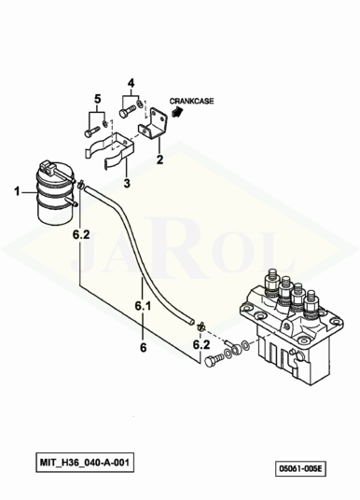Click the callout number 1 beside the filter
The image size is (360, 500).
coord(17,191)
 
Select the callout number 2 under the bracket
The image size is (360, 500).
coord(159,160)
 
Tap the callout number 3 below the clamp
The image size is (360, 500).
coord(127,183)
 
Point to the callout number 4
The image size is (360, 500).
coord(132,84)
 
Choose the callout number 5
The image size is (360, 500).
coord(98,99)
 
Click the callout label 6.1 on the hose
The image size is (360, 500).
coord(143,306)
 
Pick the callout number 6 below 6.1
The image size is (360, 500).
coord(144,347)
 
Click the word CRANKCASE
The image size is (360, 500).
coord(191,101)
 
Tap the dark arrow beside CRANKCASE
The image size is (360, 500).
coord(176,111)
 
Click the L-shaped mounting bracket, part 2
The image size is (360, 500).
coord(154,123)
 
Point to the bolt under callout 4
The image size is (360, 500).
coord(127,112)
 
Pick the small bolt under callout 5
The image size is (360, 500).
coord(92,131)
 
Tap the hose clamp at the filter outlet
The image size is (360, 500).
coord(80,184)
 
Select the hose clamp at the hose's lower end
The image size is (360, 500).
coord(201,326)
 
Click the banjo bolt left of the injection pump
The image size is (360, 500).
coord(215,360)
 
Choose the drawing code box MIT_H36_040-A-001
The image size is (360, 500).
coord(85,462)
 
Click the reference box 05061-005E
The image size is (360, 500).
coord(300,468)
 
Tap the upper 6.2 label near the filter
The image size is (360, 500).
coord(81,235)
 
